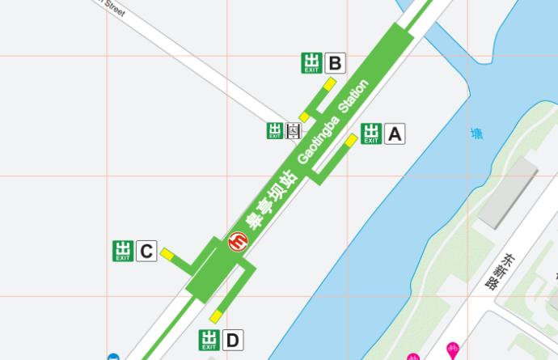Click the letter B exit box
pyautogui.click(x=335, y=62)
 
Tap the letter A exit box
pyautogui.click(x=394, y=133)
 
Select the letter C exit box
pyautogui.click(x=146, y=252)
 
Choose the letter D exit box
pyautogui.click(x=232, y=340)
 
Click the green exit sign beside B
pyautogui.click(x=312, y=62)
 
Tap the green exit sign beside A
pyautogui.click(x=371, y=133)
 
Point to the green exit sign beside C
pyautogui.click(x=123, y=252)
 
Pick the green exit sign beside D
pyautogui.click(x=209, y=340)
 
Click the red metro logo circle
pyautogui.click(x=239, y=241)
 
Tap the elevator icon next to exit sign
pyautogui.click(x=294, y=131)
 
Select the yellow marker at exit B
pyautogui.click(x=330, y=83)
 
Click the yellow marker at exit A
pyautogui.click(x=351, y=140)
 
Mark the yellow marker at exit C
pyautogui.click(x=167, y=254)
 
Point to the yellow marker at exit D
pyautogui.click(x=216, y=316)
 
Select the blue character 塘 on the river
pyautogui.click(x=477, y=134)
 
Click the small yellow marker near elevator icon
pyautogui.click(x=304, y=117)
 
